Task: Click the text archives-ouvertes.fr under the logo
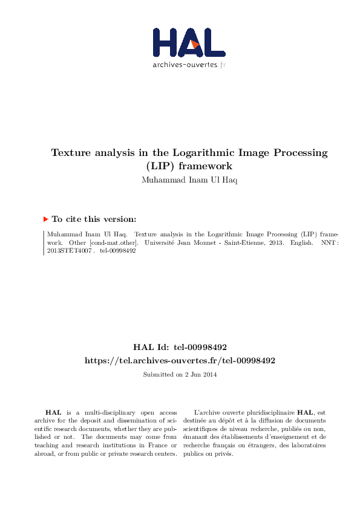pos(189,65)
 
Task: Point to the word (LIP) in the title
pos(159,165)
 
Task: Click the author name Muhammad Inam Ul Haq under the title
pos(189,180)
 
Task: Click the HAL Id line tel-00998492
pos(180,347)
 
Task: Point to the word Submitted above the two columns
pos(155,375)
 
